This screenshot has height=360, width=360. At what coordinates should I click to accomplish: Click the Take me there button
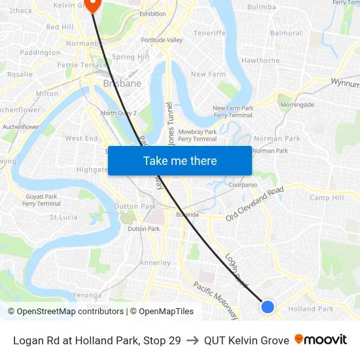coord(180,160)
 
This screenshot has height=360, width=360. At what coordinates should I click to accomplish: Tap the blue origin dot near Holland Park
coord(267,306)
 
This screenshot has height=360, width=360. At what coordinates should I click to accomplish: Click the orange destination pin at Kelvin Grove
coord(92,5)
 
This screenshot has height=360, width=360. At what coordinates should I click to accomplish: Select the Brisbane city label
coord(122,84)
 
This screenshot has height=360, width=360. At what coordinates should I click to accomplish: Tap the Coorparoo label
coord(243,185)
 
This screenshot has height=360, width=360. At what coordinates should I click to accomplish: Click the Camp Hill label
coord(327,198)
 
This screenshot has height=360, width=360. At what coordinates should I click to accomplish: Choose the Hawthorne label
coord(261,60)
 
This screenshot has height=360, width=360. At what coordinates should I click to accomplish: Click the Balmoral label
coord(286,33)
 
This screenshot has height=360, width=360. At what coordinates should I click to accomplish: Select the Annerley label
coord(155,263)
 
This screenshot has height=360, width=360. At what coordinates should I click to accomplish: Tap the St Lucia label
coord(63,217)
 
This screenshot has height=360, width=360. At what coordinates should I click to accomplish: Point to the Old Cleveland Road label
coord(255,204)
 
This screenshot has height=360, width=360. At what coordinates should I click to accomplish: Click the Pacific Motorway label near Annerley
coord(215,300)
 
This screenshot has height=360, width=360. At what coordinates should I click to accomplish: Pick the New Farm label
coord(208,74)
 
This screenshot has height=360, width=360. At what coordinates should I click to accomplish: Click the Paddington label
coord(40,52)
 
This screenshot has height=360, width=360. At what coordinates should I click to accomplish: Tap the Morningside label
coord(297,105)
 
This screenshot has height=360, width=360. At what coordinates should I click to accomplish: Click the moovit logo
coord(321,340)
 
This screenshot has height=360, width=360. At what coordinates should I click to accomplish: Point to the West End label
coord(81,139)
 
